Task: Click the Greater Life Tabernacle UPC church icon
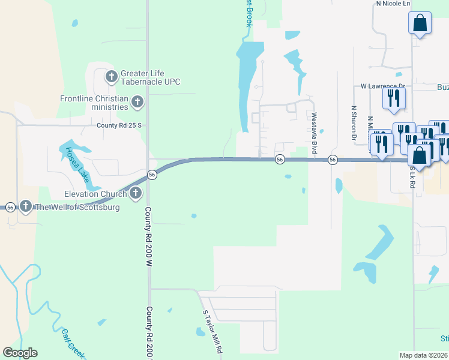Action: [111, 77]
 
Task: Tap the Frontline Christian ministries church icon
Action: [137, 103]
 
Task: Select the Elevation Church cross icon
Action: [136, 193]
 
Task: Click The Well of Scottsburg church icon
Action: [25, 207]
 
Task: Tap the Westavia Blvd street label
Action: [313, 133]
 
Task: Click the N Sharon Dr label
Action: [354, 122]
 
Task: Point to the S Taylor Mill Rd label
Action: [213, 331]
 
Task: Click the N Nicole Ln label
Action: [393, 4]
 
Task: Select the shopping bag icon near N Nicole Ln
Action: [420, 24]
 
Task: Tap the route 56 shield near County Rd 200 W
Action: [152, 174]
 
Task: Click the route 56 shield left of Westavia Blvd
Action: [280, 159]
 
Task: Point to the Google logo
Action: [20, 353]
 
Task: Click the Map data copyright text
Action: [423, 355]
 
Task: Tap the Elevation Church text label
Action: [95, 194]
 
